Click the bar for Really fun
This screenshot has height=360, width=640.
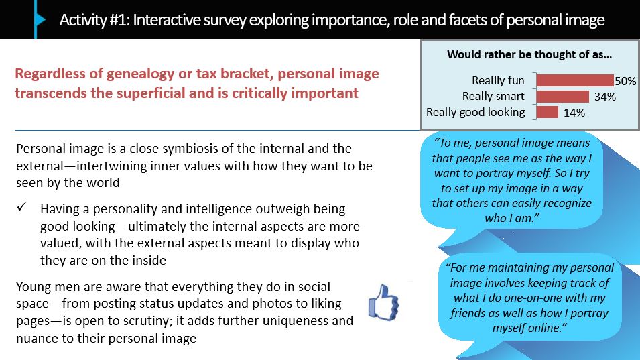click(x=575, y=80)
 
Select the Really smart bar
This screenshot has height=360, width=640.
click(x=563, y=97)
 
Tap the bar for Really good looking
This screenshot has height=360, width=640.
click(x=548, y=112)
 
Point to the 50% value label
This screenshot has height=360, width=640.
click(x=625, y=81)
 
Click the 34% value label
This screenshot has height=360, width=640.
click(x=605, y=97)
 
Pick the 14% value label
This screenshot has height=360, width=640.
click(x=574, y=113)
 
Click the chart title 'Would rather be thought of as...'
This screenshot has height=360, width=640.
click(x=529, y=54)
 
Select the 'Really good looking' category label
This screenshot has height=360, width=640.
click(x=476, y=112)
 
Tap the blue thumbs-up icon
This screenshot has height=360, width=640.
click(x=383, y=302)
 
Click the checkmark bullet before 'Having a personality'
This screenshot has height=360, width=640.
click(x=21, y=207)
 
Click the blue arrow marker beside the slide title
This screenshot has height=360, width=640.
click(x=40, y=19)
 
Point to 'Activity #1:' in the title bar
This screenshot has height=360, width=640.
click(x=94, y=20)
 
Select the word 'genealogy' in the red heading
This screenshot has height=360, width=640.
click(x=141, y=74)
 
